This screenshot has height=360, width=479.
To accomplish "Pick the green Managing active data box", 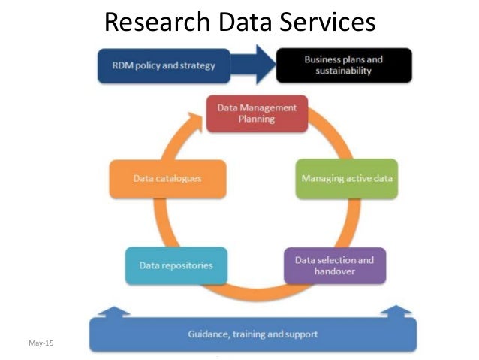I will point(346,179).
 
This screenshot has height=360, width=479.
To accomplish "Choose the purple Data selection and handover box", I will point(334,265).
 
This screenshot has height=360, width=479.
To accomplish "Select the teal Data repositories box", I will point(176,265).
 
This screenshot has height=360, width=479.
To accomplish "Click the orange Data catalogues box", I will point(168,179).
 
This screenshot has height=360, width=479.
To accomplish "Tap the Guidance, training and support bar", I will point(252,334).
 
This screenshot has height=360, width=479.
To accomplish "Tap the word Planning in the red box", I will point(257,119).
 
